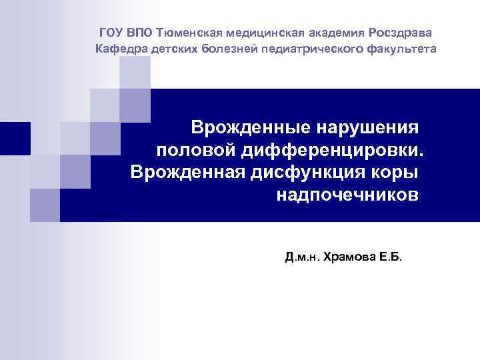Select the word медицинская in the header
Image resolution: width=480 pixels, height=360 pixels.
click(x=262, y=32)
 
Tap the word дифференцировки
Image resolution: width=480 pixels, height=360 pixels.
click(x=331, y=149)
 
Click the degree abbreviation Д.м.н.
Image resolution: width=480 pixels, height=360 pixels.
click(x=301, y=256)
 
